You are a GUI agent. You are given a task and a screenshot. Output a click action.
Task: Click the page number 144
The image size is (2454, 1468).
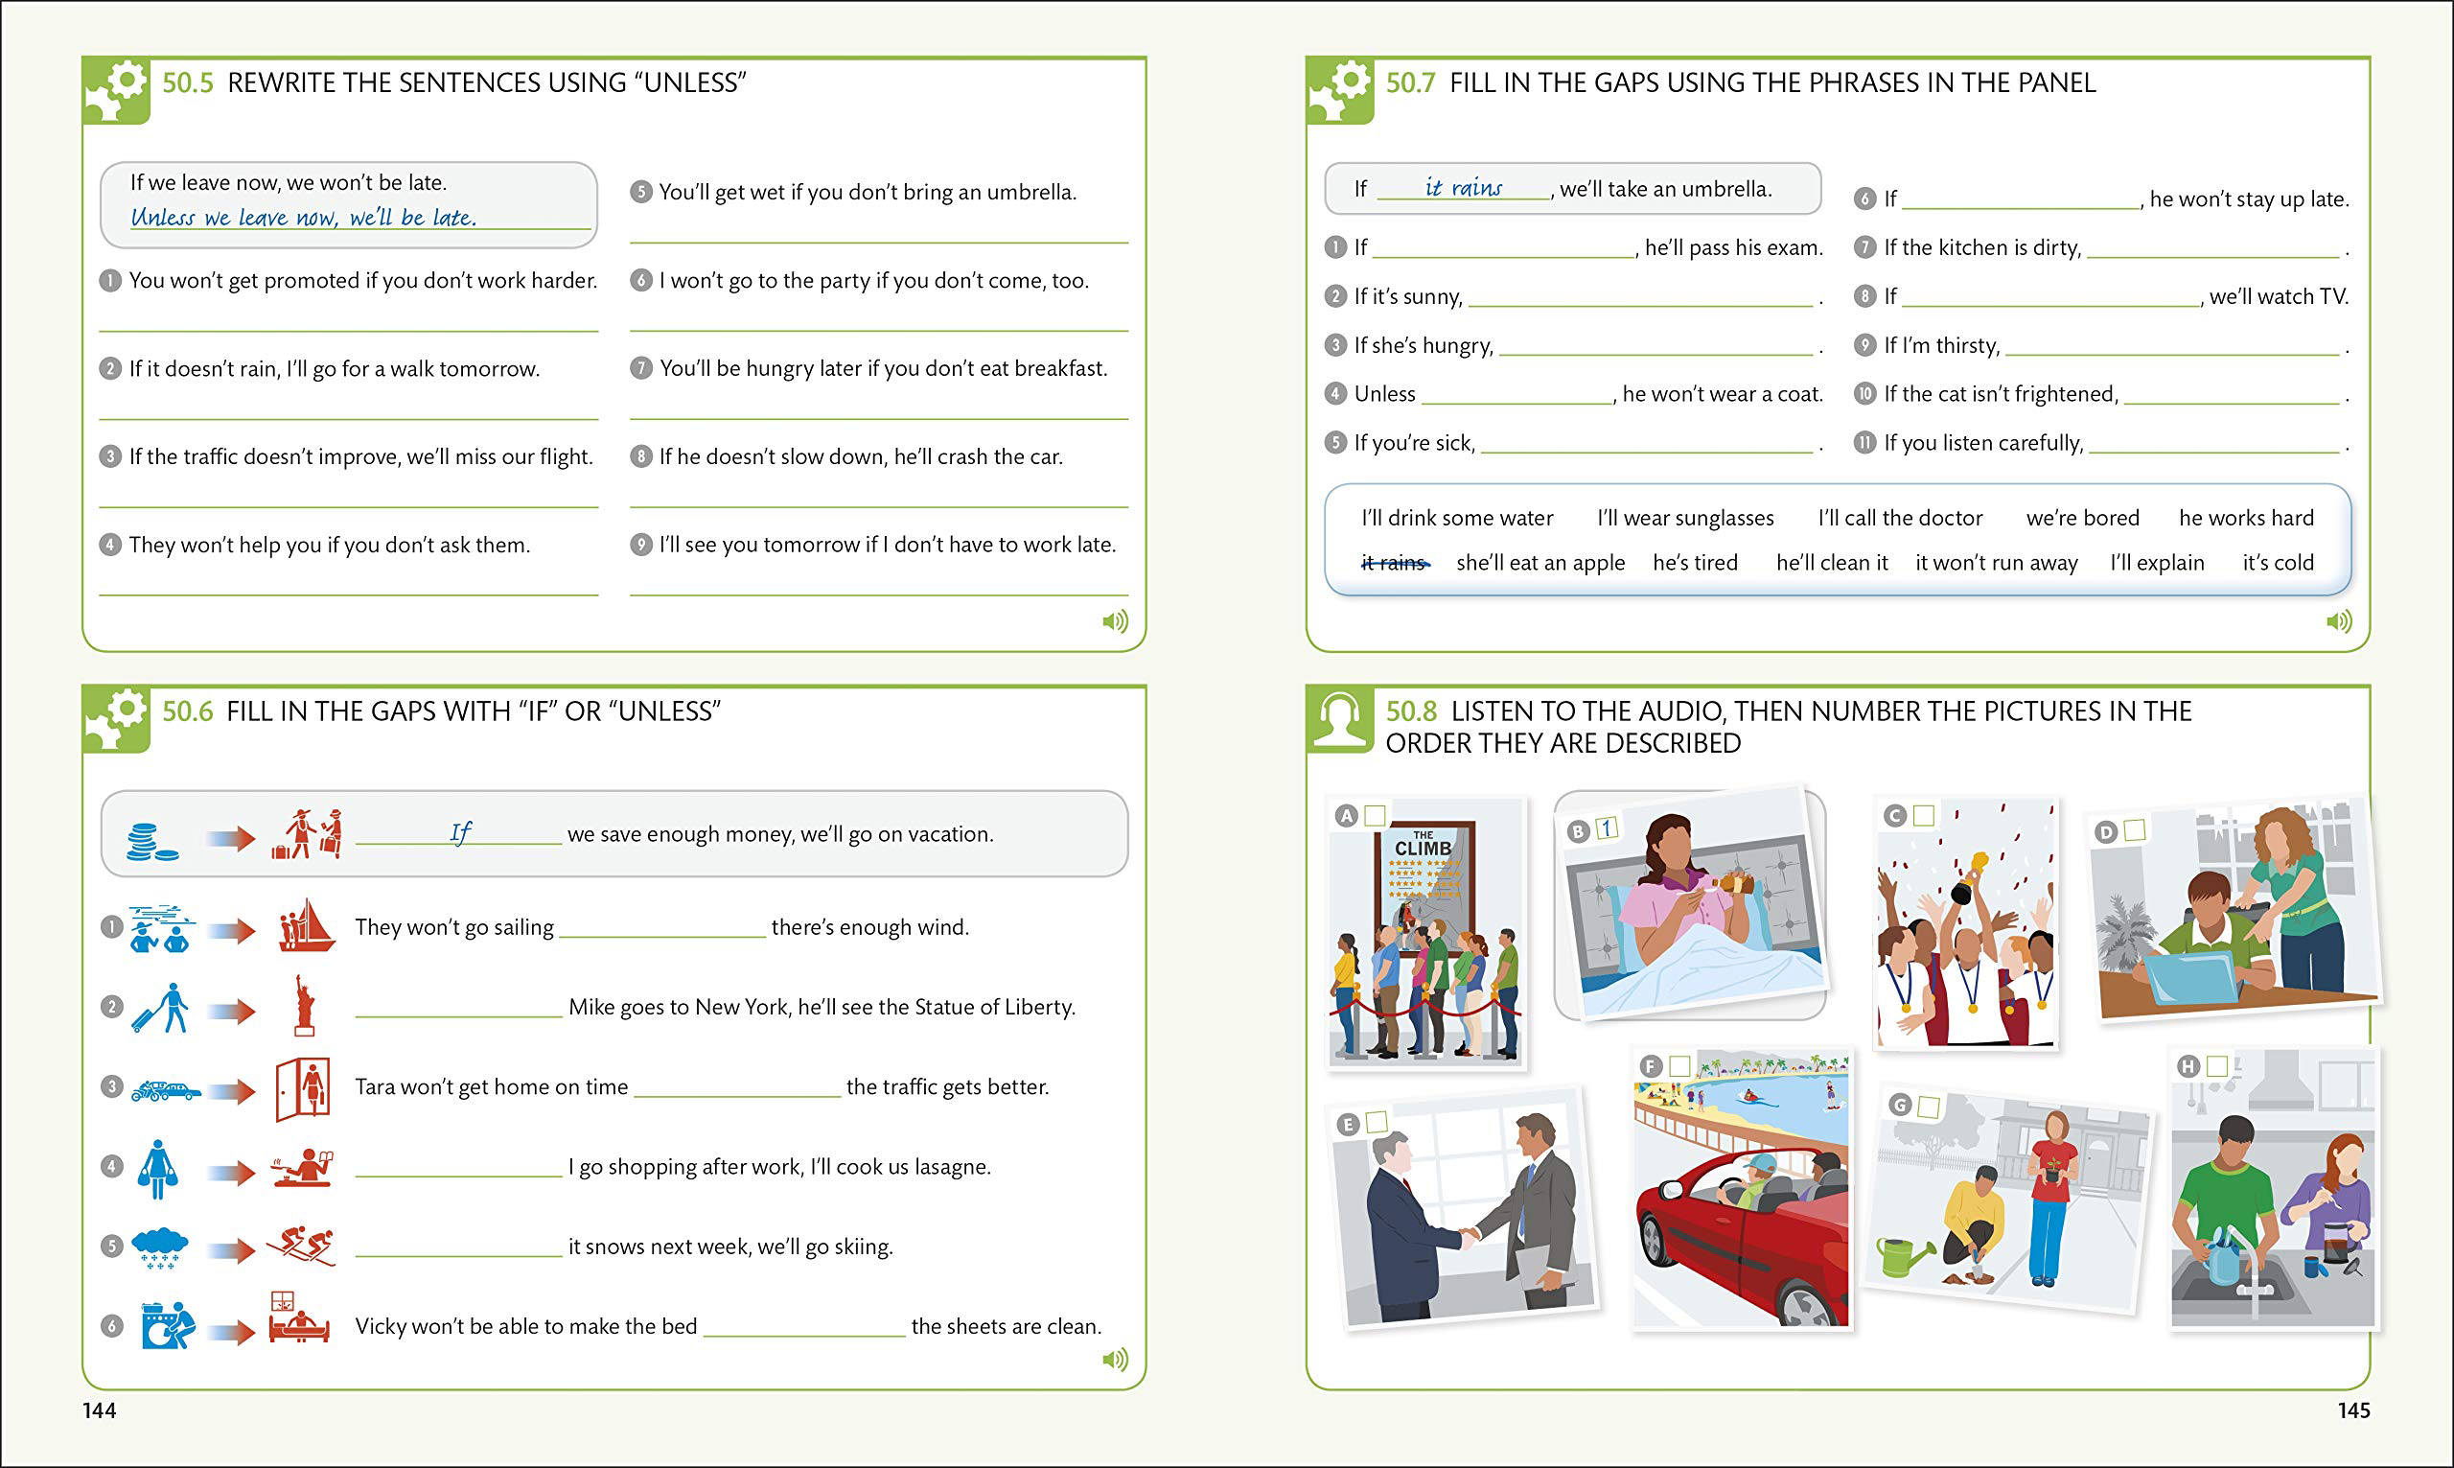(x=99, y=1410)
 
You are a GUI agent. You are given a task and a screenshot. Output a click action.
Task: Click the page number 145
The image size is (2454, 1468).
(x=2354, y=1410)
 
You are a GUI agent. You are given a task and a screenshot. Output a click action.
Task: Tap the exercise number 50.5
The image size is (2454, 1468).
(x=187, y=83)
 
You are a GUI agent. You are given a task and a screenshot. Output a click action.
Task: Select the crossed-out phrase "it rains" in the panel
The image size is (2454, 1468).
(x=1393, y=563)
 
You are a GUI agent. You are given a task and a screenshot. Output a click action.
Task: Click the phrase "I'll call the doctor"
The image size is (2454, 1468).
(x=1900, y=519)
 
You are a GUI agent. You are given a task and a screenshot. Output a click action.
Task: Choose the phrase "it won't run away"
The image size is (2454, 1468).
(x=1996, y=563)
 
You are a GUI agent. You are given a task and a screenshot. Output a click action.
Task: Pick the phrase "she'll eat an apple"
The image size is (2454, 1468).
(x=1540, y=563)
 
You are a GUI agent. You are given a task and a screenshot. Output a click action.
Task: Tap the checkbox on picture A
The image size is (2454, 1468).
(x=1375, y=815)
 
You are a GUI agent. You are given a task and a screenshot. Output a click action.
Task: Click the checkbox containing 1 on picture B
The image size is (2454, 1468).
(x=1607, y=828)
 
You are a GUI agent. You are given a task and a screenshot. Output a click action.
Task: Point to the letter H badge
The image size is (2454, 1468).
(x=2188, y=1066)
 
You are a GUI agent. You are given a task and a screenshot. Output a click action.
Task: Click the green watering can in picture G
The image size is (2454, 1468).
(x=1903, y=1256)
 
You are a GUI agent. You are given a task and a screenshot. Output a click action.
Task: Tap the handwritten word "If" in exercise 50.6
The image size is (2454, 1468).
(x=460, y=833)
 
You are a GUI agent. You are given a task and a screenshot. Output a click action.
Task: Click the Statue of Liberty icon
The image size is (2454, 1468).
(x=305, y=1006)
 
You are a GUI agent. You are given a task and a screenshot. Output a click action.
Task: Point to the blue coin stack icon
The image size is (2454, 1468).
(x=151, y=841)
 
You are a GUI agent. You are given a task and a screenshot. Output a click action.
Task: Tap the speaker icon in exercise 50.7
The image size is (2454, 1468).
(x=2338, y=621)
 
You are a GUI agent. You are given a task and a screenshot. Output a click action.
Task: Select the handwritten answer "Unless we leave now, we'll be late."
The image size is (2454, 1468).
(x=304, y=218)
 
